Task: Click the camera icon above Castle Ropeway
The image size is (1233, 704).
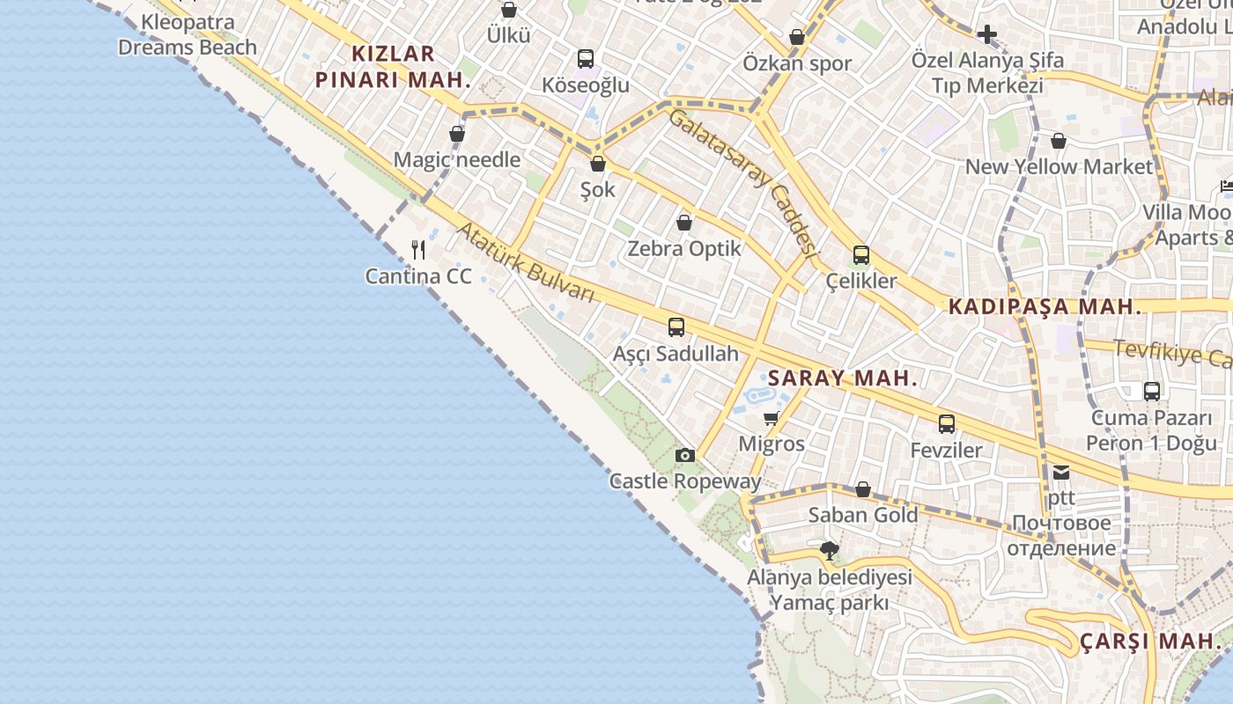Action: click(x=685, y=455)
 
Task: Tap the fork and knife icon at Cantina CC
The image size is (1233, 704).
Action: click(x=418, y=250)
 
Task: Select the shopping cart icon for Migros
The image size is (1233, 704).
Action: click(x=772, y=418)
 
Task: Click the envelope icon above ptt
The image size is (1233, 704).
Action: click(x=1061, y=473)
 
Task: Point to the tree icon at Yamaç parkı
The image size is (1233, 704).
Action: click(x=829, y=552)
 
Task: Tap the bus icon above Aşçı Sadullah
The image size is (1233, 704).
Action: click(x=676, y=327)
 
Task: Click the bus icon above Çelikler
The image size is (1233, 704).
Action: click(x=860, y=255)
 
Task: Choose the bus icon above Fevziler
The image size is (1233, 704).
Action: click(x=946, y=424)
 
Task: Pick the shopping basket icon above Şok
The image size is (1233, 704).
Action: click(x=598, y=164)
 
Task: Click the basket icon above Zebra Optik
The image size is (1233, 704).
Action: click(x=684, y=223)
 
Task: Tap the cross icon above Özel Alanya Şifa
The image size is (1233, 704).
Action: click(x=987, y=34)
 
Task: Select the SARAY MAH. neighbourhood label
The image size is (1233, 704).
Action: click(x=843, y=378)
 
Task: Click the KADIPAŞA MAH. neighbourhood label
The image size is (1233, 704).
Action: click(x=1045, y=307)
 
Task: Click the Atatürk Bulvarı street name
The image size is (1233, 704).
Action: click(x=526, y=261)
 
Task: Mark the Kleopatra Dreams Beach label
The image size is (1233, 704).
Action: click(x=188, y=35)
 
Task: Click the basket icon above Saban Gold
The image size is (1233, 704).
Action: click(x=863, y=489)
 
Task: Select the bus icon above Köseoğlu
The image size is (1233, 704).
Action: click(x=586, y=59)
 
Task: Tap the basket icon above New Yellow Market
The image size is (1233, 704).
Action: click(x=1059, y=141)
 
